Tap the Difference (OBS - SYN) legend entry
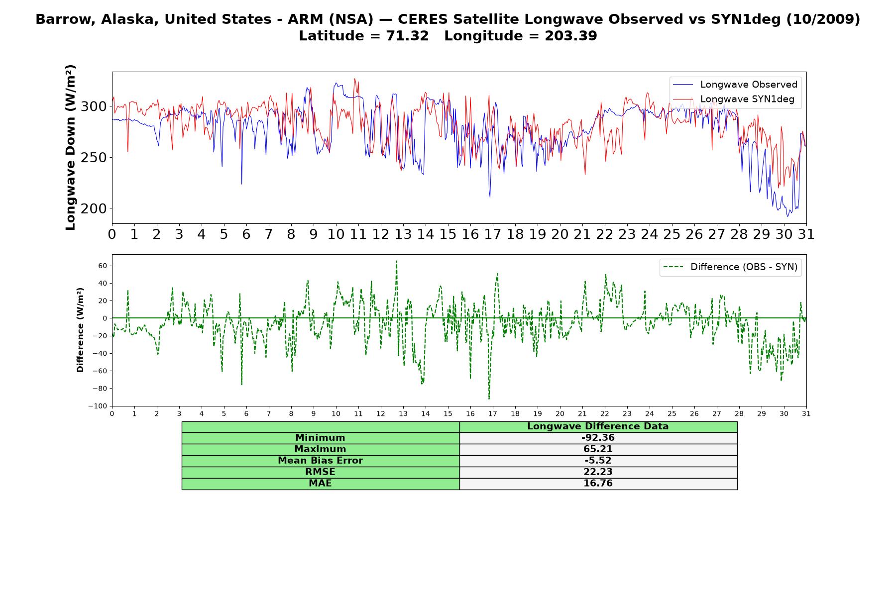(x=730, y=267)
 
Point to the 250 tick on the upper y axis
(x=94, y=158)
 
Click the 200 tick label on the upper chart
(x=94, y=208)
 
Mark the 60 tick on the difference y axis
(x=103, y=266)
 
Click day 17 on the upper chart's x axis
(x=493, y=234)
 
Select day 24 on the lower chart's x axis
(x=650, y=413)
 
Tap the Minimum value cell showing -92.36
(x=598, y=438)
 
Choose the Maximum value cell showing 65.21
(x=598, y=449)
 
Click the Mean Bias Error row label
(x=320, y=461)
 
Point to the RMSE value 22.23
(x=598, y=472)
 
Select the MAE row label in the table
(x=320, y=484)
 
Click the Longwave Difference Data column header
(x=598, y=426)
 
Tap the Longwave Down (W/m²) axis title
(x=71, y=147)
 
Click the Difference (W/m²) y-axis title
(x=80, y=330)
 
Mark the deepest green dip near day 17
(x=489, y=398)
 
